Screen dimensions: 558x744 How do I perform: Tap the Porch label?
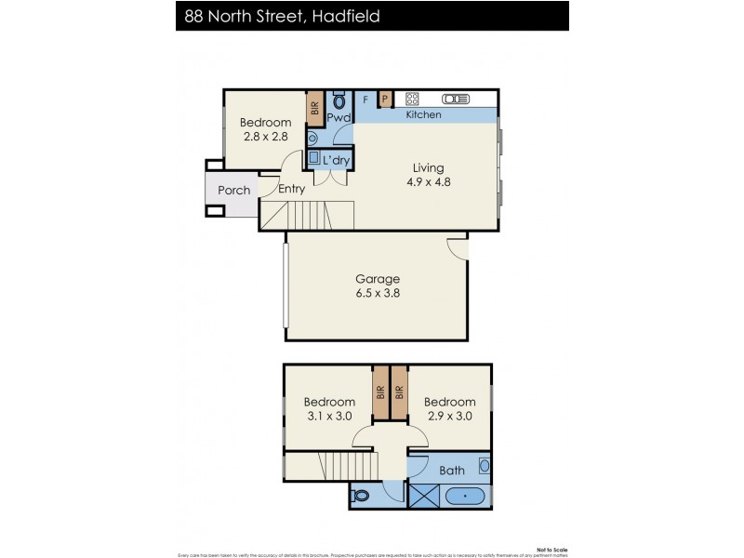[233, 191]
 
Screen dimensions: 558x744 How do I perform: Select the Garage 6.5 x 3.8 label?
[378, 286]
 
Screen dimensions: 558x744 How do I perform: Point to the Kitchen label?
[424, 114]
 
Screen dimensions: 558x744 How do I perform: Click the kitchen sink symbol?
[456, 99]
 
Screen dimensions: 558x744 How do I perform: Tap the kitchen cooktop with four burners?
[413, 99]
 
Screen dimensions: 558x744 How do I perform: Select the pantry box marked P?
[385, 99]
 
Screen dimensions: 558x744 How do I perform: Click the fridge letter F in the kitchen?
[365, 99]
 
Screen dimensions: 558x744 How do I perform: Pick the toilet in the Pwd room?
[339, 100]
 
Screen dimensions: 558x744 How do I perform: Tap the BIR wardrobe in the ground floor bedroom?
[315, 108]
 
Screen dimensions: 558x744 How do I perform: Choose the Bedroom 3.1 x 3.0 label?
[329, 409]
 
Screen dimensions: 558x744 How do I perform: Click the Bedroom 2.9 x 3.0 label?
[449, 409]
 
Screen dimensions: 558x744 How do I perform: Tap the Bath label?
[452, 471]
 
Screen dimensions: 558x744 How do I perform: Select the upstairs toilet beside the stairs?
[363, 496]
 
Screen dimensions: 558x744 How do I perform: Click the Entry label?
[291, 189]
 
